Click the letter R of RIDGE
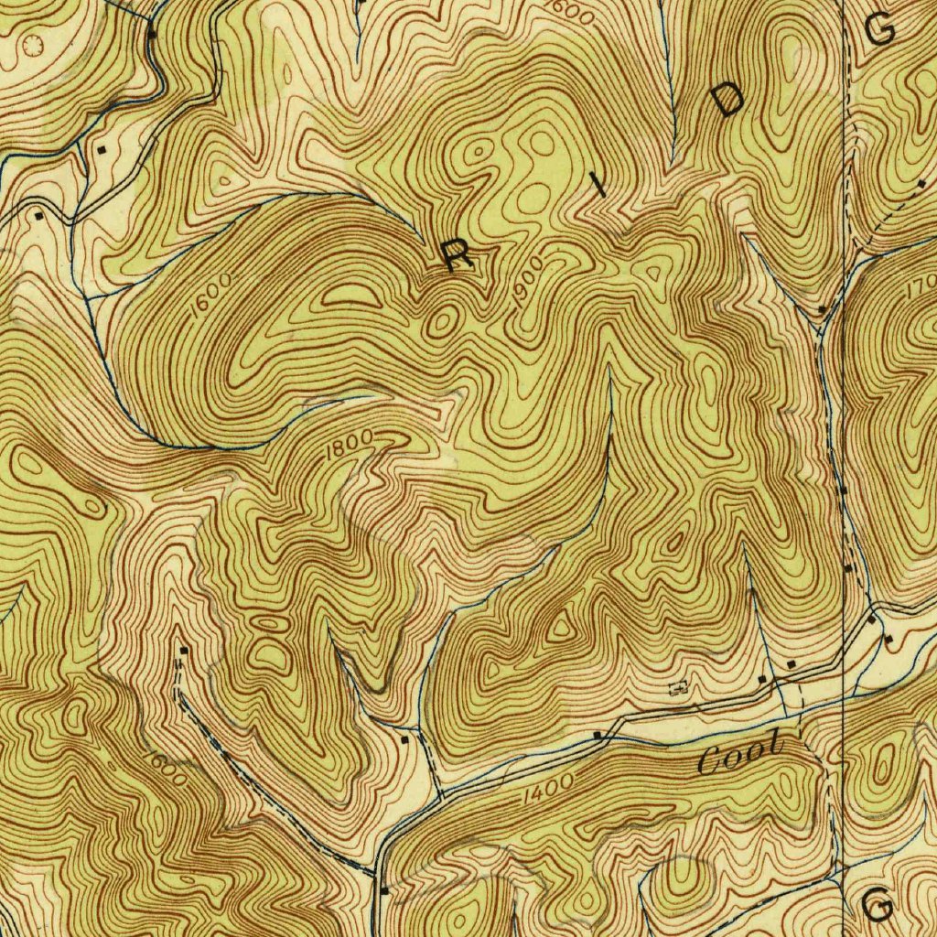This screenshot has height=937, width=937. pos(458,257)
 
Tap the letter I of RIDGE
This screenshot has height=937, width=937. pos(600,187)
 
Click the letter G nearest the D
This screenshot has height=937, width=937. pos(880,30)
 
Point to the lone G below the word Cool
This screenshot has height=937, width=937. pos(878,906)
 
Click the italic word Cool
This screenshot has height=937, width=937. pos(741,757)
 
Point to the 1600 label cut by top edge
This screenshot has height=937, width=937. pos(573,11)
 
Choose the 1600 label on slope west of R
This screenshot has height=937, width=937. pos(207,296)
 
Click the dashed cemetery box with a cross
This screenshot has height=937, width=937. pos(679,687)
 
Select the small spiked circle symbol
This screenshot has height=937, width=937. pos(34,43)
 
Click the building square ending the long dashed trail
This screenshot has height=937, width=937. pos(184,651)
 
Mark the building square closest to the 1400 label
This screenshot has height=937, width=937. pos(598,735)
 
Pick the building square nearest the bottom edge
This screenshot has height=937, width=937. pos(383,889)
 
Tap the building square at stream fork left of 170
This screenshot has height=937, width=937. pos(822,310)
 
